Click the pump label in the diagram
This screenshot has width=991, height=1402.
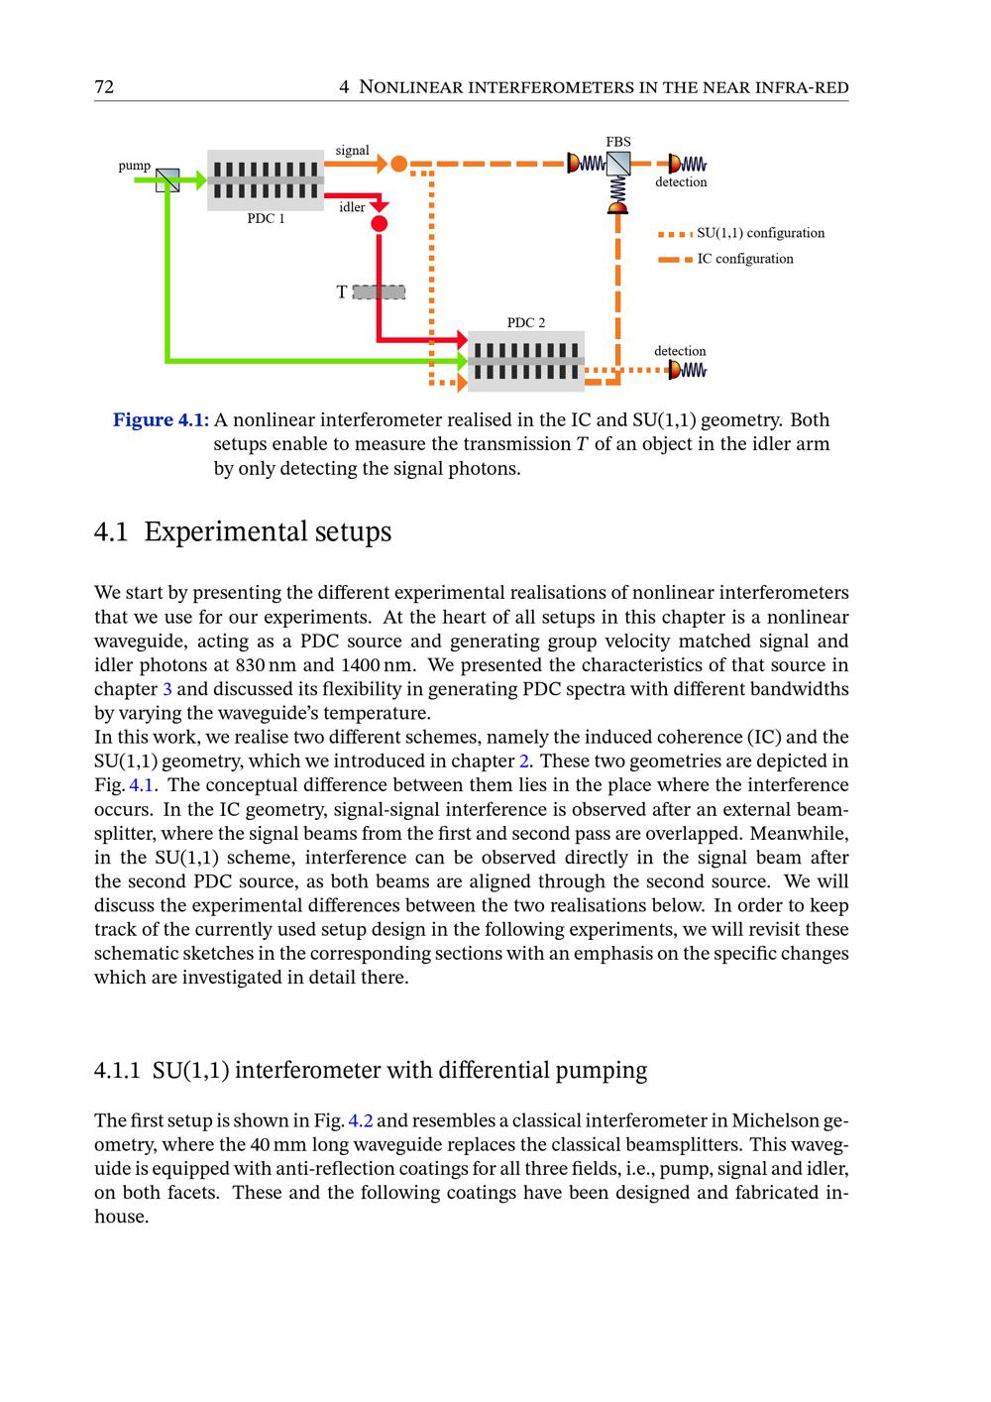[135, 166]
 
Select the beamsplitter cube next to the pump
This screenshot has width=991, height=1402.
[167, 179]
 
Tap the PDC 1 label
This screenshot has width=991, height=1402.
[266, 219]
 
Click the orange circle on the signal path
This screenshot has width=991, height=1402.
[398, 164]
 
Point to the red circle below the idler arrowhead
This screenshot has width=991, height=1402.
[379, 224]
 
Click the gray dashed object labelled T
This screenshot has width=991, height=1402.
[379, 292]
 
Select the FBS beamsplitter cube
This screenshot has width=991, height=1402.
[618, 163]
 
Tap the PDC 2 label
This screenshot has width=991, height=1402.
[526, 322]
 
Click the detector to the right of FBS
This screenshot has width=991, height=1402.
[687, 163]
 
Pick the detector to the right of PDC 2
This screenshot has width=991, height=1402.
[686, 370]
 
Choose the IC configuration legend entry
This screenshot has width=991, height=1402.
[744, 259]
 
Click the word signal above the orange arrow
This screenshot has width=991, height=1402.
[352, 150]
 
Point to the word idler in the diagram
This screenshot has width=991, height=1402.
[352, 207]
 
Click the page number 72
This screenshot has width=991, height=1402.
[104, 87]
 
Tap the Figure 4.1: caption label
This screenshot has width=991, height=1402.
[161, 420]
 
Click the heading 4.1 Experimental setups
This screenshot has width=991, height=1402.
[243, 531]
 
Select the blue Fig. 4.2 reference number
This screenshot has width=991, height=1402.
[361, 1121]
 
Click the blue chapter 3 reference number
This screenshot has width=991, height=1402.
[154, 689]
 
